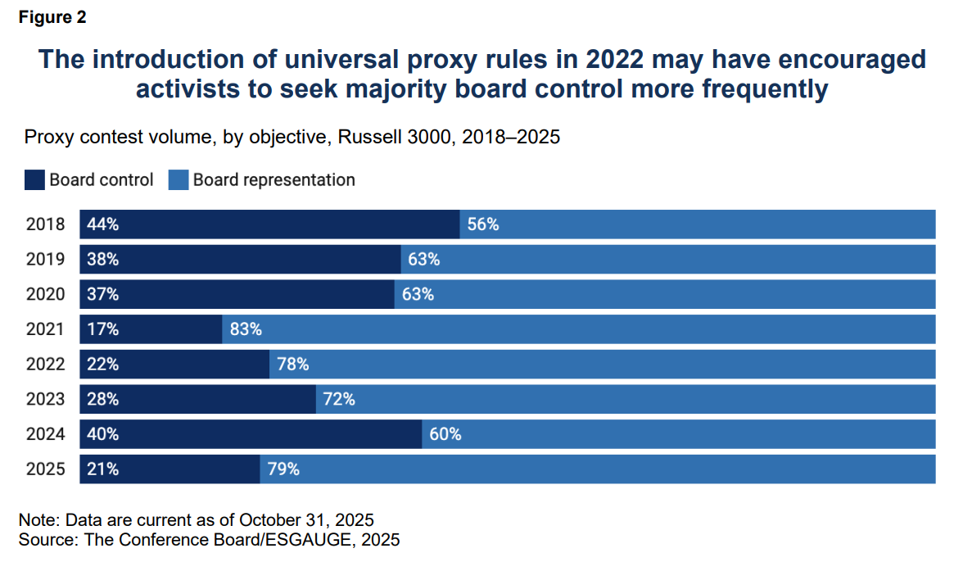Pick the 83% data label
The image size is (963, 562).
tap(246, 329)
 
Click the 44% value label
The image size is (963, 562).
tap(102, 224)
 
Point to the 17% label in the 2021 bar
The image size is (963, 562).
tap(102, 329)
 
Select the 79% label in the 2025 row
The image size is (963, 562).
tap(283, 469)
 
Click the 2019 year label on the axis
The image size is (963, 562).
tap(46, 260)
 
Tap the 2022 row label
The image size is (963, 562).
tap(46, 365)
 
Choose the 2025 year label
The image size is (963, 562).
tap(46, 469)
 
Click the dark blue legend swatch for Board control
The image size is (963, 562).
tap(34, 180)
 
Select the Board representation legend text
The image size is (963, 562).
tap(274, 180)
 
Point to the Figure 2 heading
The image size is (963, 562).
tap(52, 17)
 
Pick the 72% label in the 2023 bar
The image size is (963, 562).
tap(339, 400)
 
